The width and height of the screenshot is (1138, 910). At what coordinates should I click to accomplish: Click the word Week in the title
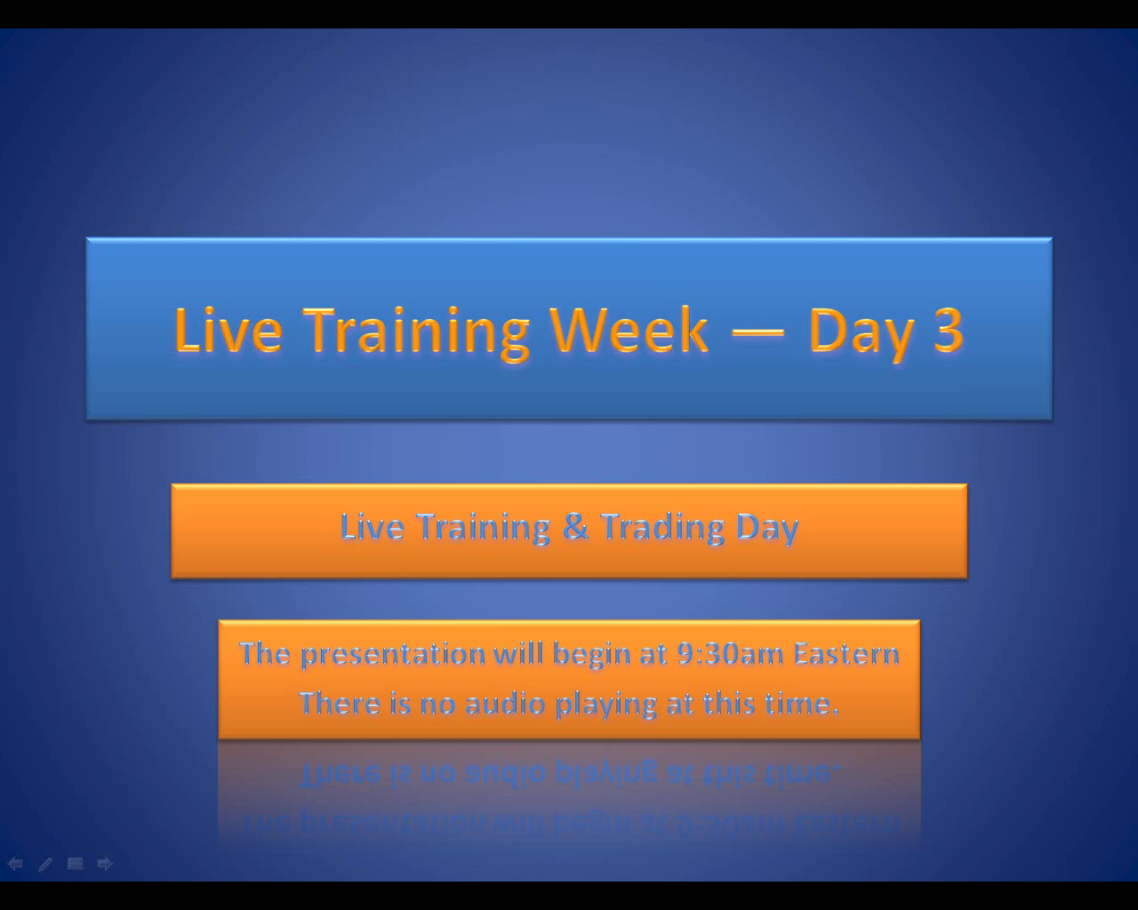tap(629, 330)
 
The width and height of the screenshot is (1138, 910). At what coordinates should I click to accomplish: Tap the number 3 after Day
tap(948, 331)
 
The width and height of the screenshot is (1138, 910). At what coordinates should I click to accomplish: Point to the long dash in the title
tap(757, 333)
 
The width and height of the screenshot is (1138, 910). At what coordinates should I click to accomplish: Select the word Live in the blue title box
tap(228, 330)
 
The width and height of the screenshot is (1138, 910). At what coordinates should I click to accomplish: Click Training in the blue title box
tap(416, 333)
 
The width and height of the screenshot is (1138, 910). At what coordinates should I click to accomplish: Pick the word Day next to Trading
tap(767, 528)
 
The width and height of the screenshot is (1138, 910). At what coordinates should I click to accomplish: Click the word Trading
tap(662, 528)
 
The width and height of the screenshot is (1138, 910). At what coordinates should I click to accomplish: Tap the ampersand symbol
tap(575, 527)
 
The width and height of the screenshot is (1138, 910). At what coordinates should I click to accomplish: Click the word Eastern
tap(846, 653)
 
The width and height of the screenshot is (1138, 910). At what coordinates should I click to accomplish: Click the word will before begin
tap(518, 653)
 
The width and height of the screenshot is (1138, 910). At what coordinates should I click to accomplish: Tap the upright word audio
tap(505, 704)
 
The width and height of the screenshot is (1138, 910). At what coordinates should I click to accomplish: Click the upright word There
tap(340, 704)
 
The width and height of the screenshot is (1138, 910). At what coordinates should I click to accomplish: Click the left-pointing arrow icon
tap(15, 864)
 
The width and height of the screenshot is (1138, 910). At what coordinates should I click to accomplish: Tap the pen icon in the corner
tap(45, 864)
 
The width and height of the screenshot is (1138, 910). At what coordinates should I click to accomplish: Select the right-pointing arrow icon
tap(105, 864)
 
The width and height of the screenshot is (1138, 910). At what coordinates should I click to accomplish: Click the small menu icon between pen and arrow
tap(76, 864)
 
